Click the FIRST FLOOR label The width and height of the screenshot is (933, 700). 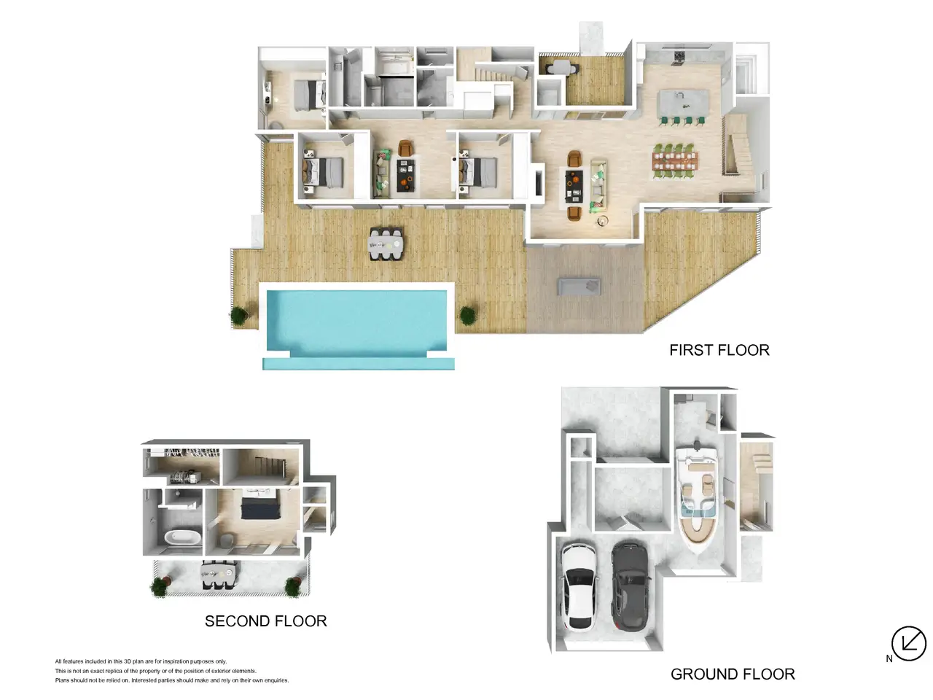719,350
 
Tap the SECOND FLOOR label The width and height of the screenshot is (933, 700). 265,621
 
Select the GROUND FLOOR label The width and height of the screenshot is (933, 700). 733,674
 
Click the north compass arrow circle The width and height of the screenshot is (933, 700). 909,643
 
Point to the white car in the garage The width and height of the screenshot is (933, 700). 579,586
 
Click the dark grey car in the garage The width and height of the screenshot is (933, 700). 630,585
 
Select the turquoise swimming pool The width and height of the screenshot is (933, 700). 357,325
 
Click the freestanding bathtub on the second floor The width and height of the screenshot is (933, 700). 183,537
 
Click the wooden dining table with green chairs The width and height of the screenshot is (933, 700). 675,160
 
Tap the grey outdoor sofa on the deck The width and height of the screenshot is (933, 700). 579,286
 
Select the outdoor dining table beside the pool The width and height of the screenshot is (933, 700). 386,244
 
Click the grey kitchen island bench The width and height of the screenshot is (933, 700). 683,102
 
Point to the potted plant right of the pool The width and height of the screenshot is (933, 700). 467,316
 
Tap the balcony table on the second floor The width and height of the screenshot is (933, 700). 219,574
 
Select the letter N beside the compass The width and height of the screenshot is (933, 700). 889,658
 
